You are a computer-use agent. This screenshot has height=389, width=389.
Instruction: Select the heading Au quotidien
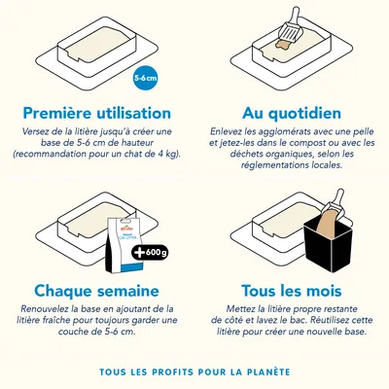coord(287,113)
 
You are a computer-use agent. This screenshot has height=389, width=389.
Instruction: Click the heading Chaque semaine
coord(96,290)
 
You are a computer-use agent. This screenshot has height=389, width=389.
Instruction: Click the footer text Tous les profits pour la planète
coord(194,371)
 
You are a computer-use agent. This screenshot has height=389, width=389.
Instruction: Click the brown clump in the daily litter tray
coord(283,45)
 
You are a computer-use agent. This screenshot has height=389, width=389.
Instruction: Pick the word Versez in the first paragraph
coord(39,131)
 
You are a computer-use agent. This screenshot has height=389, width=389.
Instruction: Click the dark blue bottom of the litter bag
coord(121,265)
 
